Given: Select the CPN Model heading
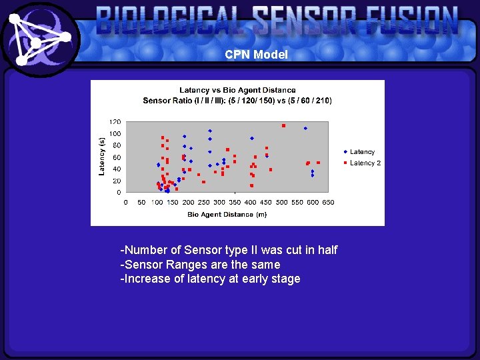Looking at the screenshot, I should (x=256, y=55).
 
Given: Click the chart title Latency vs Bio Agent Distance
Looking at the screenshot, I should (x=237, y=89).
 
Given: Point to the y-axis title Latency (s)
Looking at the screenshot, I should (x=102, y=157).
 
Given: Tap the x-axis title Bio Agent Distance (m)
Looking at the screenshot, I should (x=227, y=214).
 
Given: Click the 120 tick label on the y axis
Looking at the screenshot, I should (x=115, y=122).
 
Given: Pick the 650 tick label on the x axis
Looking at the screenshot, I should (x=328, y=202).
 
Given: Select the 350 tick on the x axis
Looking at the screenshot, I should (x=235, y=202).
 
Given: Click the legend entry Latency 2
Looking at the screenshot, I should (x=365, y=163).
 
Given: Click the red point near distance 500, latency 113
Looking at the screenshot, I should (x=283, y=125).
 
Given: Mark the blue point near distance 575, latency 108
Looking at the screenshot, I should (x=305, y=128).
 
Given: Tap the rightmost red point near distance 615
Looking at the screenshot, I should (x=318, y=163).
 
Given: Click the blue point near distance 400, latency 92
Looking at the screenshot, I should (x=251, y=138).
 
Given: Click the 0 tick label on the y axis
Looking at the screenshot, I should (x=119, y=193).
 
